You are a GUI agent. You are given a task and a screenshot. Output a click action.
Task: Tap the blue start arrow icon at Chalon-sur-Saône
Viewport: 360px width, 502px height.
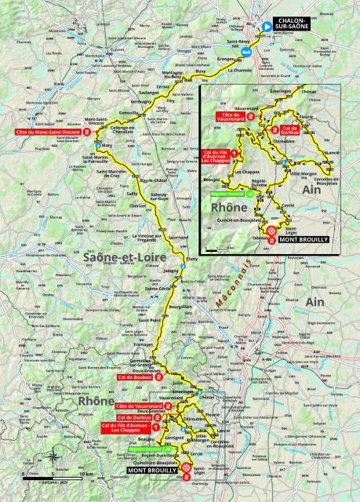click(266, 26)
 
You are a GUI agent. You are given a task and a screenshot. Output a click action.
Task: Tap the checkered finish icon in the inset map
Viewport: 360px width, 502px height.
click(271, 232)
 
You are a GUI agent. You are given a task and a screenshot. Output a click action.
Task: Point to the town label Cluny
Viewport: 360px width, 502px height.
click(191, 256)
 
